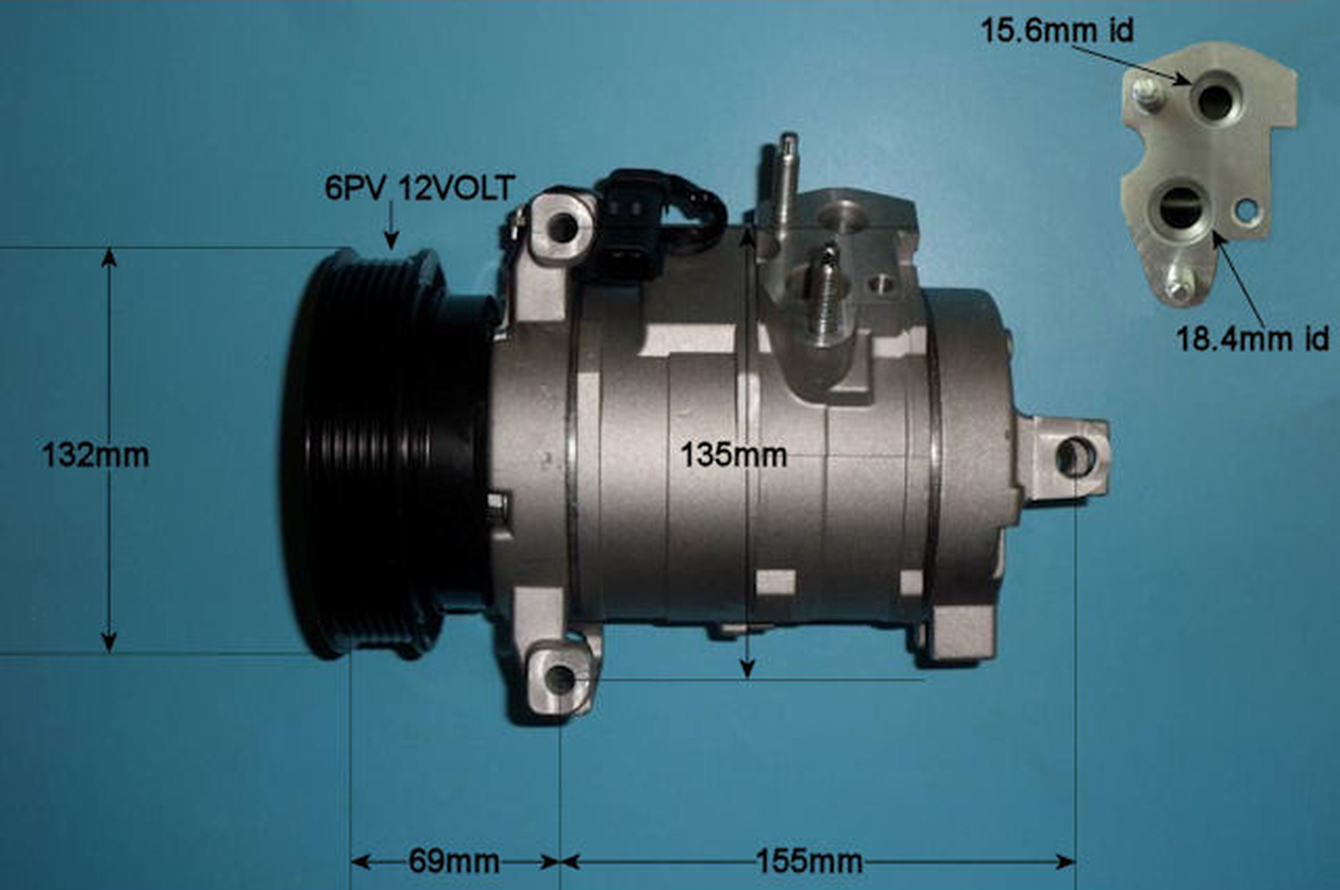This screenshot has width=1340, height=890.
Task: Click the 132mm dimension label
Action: (95, 456)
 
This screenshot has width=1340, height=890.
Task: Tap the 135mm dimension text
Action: (733, 456)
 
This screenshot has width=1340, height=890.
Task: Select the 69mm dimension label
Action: (454, 862)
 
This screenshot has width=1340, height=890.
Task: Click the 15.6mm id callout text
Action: (1057, 31)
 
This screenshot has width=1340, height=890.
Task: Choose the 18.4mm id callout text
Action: (1252, 339)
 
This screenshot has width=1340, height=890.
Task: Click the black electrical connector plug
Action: (630, 227)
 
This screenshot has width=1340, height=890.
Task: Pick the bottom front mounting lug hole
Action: (561, 679)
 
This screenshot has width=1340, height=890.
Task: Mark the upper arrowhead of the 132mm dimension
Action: (109, 258)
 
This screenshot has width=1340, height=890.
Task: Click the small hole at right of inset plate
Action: (1246, 211)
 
